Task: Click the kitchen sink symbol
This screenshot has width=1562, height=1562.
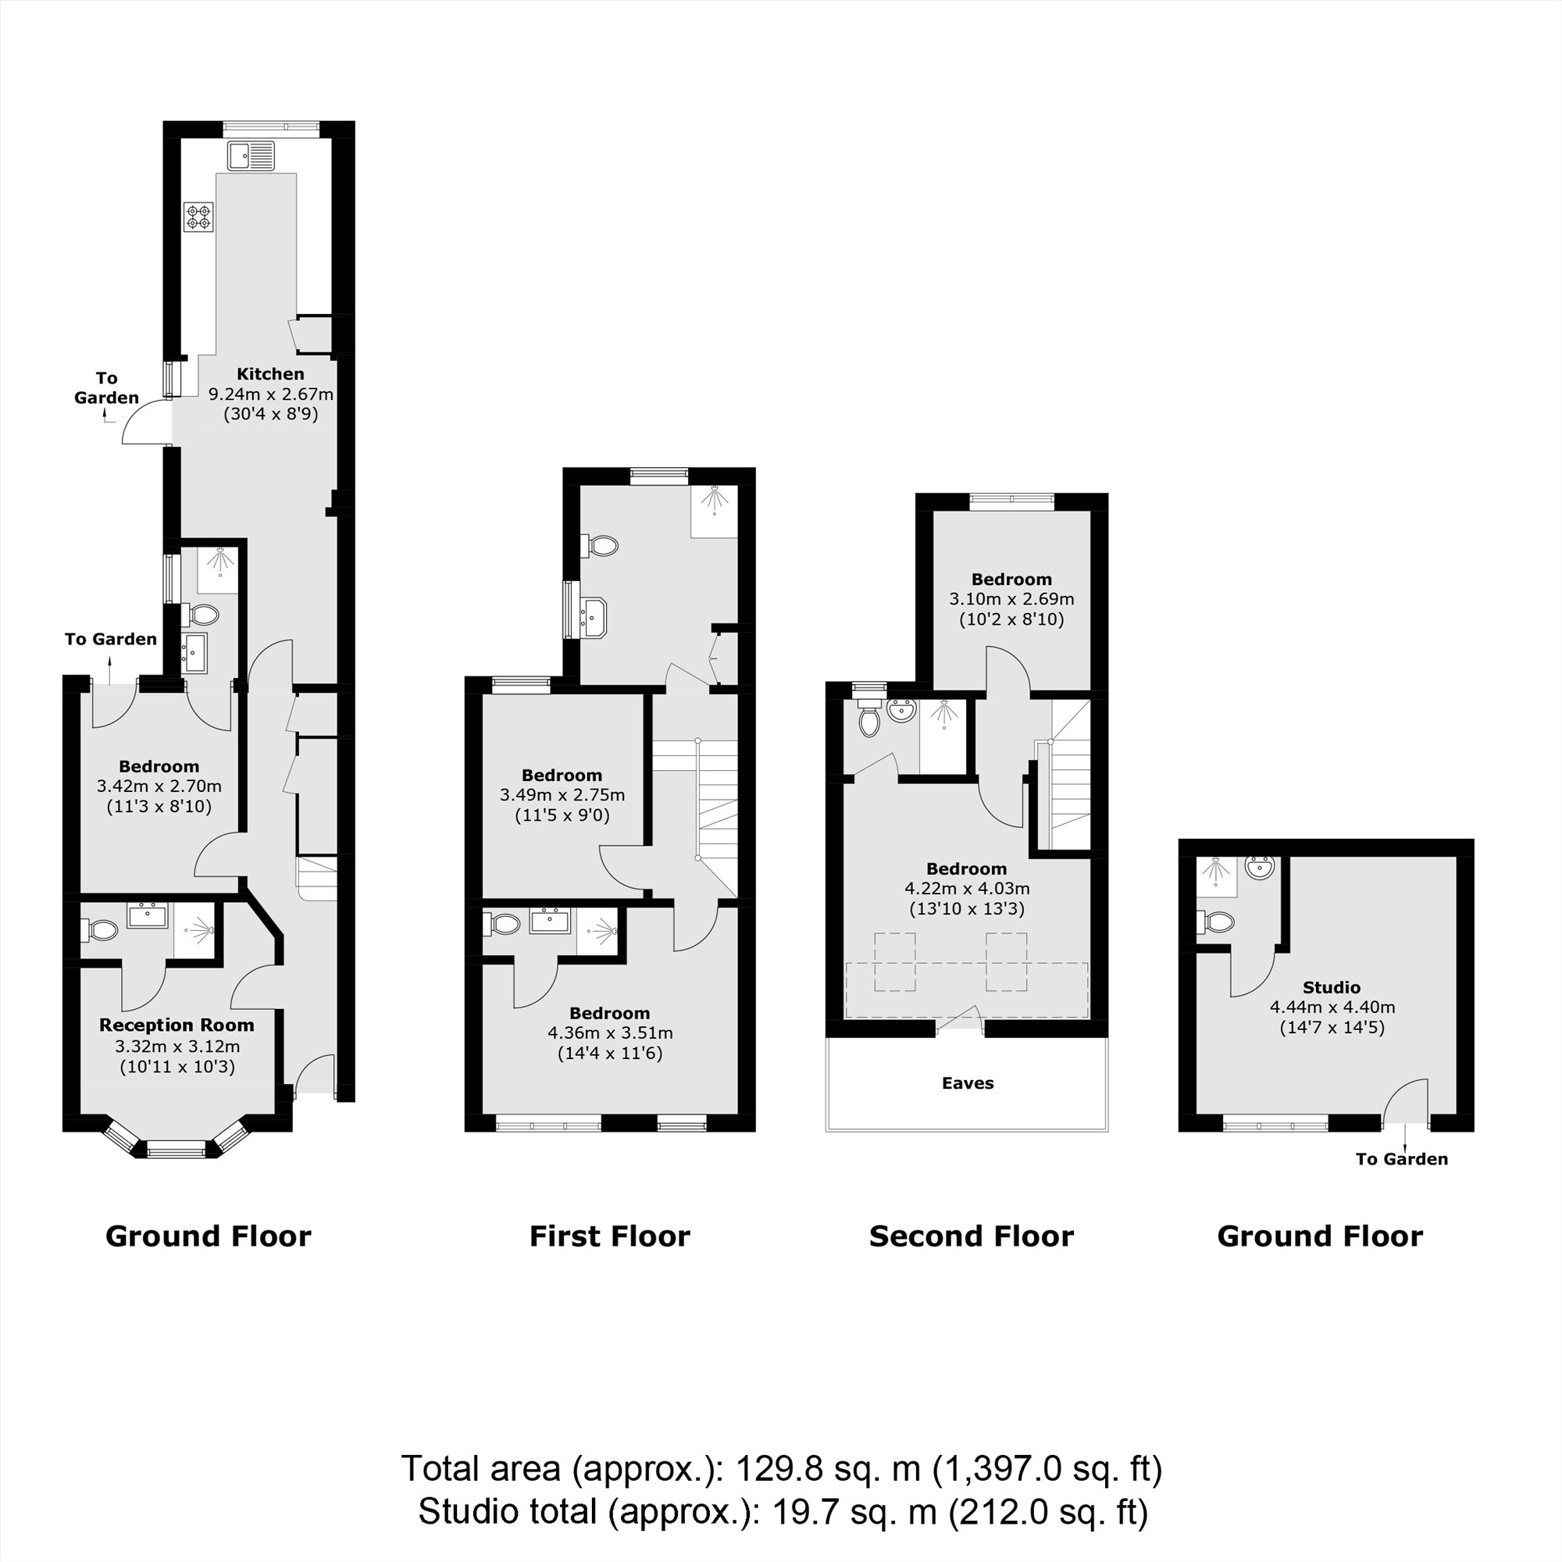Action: pos(251,155)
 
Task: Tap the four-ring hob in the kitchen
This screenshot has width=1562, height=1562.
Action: pos(199,216)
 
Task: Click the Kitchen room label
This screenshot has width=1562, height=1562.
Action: pos(270,373)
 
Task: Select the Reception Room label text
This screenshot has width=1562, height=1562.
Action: pos(177,1025)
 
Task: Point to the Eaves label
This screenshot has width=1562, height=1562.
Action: pos(967,1083)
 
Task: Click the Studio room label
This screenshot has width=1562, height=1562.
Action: pos(1332,987)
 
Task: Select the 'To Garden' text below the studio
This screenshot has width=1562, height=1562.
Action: pos(1402,1159)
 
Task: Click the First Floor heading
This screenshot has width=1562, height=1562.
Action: pos(610,1237)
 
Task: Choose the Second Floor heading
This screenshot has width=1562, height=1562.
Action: pos(971,1237)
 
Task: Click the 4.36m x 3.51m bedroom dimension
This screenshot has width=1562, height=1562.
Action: pos(610,1033)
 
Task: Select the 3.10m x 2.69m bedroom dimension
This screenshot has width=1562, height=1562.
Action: pos(1011,599)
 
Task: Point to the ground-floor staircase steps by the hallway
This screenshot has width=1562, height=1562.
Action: pos(318,878)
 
